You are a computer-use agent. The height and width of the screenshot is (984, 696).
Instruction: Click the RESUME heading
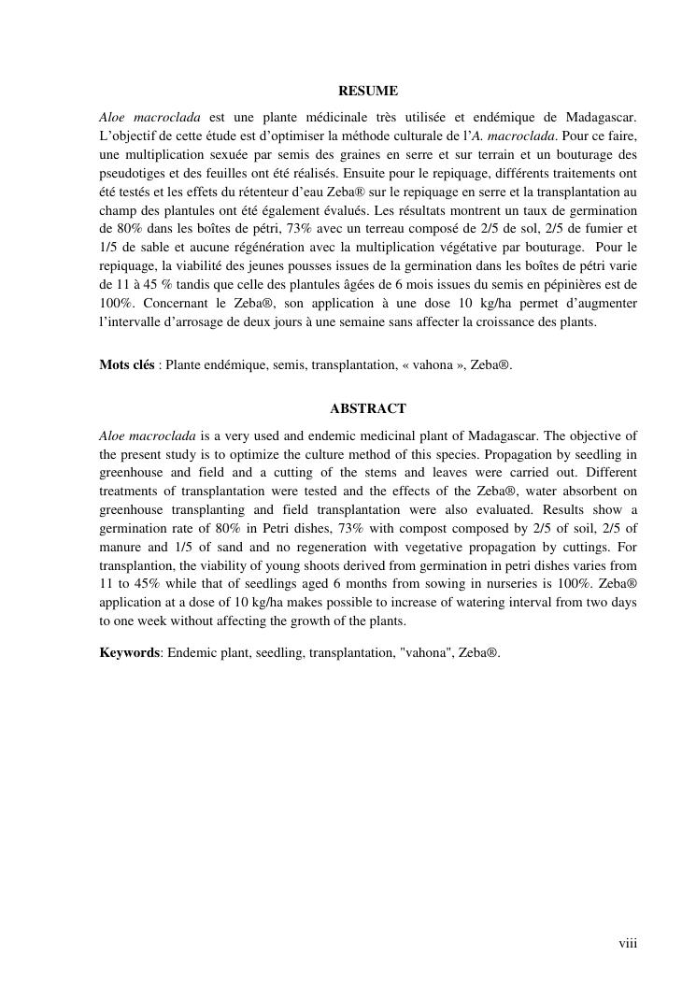click(367, 92)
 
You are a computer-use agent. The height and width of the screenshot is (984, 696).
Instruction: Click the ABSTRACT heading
click(367, 409)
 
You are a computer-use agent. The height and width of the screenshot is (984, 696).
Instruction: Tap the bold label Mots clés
click(126, 365)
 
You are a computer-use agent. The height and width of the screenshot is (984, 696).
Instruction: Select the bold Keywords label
click(129, 653)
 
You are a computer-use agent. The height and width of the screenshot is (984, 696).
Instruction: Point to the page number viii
click(628, 944)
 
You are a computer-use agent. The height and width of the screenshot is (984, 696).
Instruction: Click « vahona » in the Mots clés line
click(433, 365)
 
